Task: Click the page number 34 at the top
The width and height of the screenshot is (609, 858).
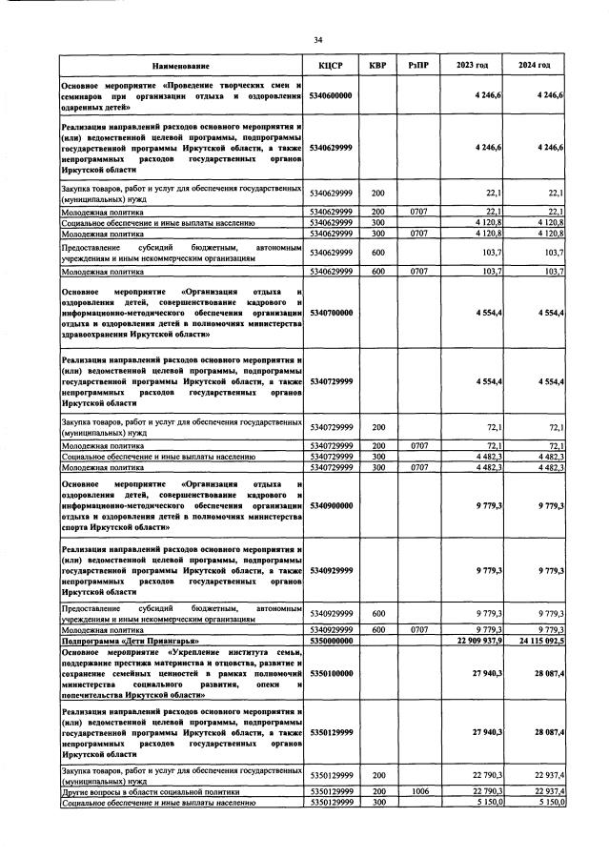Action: click(317, 39)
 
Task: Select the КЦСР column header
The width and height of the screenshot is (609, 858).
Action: click(331, 66)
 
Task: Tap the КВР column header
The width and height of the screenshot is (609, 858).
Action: click(376, 66)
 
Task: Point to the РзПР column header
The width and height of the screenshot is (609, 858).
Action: click(417, 66)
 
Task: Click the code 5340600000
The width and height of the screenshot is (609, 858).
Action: click(331, 96)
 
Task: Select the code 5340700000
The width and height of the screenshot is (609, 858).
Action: click(331, 312)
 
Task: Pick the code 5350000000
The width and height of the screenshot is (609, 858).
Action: click(331, 642)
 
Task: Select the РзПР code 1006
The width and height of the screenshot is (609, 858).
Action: click(417, 791)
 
